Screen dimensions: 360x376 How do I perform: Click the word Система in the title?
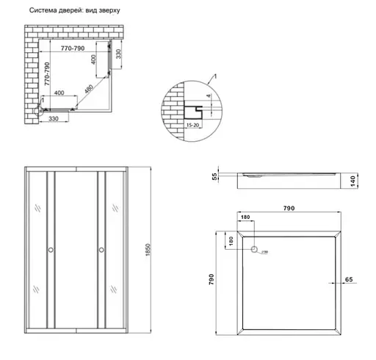click(42, 12)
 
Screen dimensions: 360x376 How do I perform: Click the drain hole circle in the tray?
click(254, 250)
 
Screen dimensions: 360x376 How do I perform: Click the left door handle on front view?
click(50, 250)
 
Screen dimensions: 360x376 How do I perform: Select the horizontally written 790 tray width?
click(288, 209)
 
